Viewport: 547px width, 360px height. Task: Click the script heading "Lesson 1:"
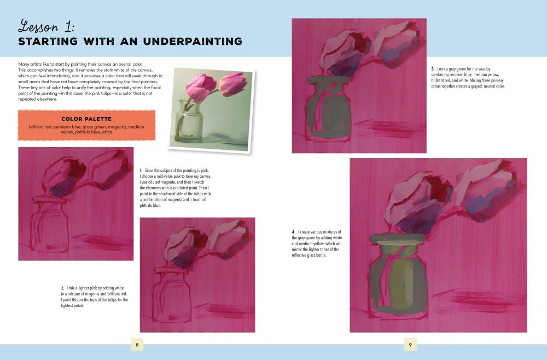(46, 26)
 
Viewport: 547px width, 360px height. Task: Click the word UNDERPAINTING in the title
(193, 41)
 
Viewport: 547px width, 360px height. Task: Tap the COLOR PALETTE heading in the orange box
(86, 119)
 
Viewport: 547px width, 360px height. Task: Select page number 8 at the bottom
(137, 345)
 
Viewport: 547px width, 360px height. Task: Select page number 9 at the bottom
(410, 345)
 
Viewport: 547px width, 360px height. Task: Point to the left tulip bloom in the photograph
(201, 87)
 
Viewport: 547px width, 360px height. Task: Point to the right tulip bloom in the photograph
(232, 84)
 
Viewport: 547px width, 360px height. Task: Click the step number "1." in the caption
(141, 171)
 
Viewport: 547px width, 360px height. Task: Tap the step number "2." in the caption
(62, 288)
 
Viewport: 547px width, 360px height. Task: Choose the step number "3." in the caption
(433, 69)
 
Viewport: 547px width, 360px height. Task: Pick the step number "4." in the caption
(293, 232)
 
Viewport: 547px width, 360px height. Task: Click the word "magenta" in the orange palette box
(116, 127)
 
